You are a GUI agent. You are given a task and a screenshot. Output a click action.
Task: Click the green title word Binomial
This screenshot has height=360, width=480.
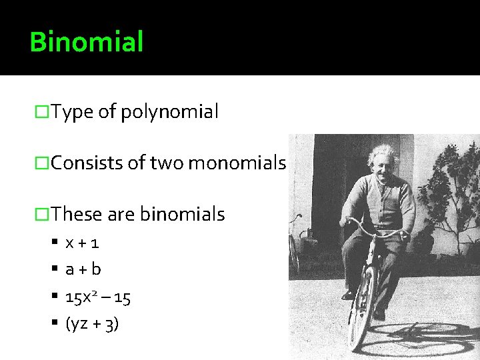(x=87, y=41)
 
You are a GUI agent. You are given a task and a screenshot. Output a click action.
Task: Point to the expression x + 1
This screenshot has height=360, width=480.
(x=83, y=243)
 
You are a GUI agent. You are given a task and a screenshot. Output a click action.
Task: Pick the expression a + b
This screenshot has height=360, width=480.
(x=83, y=269)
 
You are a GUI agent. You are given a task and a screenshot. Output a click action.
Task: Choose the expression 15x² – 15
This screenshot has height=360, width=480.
(x=98, y=297)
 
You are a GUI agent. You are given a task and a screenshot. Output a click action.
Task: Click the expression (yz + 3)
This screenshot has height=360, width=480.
(x=92, y=325)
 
